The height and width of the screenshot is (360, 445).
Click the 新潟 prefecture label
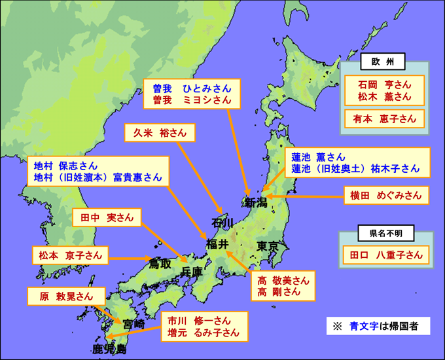pyautogui.click(x=255, y=204)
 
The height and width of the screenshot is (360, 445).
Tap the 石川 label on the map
pyautogui.click(x=221, y=223)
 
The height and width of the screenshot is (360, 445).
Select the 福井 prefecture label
pyautogui.click(x=217, y=244)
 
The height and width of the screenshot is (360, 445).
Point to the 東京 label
pyautogui.click(x=268, y=247)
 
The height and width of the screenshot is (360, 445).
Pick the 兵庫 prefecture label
pyautogui.click(x=194, y=271)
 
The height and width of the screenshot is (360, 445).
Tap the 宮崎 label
pyautogui.click(x=133, y=324)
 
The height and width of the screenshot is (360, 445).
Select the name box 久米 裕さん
pyautogui.click(x=160, y=133)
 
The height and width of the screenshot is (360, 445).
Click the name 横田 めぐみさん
pyautogui.click(x=385, y=194)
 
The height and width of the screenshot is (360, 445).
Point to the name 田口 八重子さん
pyautogui.click(x=385, y=255)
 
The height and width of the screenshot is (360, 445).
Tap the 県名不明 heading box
pyautogui.click(x=382, y=232)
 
